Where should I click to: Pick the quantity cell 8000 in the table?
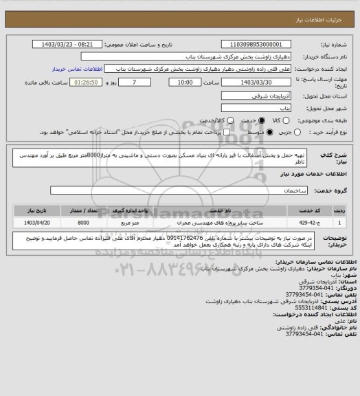(x=83, y=222)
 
